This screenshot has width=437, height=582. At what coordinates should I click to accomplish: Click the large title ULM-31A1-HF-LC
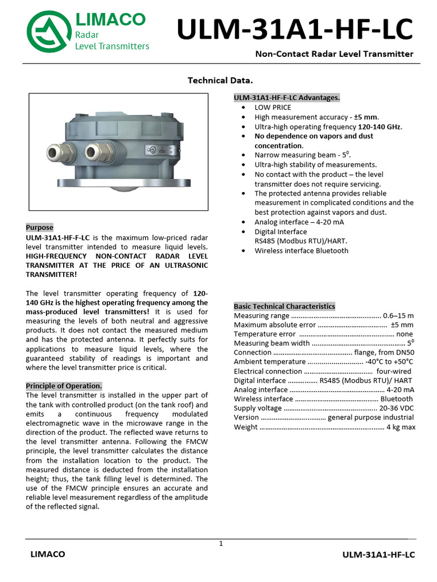295,30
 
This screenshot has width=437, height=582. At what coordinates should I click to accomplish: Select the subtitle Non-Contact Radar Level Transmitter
334,55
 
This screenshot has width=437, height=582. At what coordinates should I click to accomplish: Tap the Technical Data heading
220,80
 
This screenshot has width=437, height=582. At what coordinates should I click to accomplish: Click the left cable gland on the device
56,151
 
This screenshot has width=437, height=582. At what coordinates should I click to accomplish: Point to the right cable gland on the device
93,151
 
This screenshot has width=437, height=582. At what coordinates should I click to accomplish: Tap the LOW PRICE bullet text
273,107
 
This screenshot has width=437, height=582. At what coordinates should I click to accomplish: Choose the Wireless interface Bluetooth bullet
301,251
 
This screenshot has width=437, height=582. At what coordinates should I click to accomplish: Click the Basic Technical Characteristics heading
285,306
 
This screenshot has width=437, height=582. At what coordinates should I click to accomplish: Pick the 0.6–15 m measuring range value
398,315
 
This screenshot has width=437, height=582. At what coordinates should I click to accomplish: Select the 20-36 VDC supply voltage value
397,409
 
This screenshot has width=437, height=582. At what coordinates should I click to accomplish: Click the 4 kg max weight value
401,427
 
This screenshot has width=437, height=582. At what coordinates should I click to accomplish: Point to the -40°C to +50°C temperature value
389,362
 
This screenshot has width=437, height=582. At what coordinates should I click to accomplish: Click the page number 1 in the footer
221,544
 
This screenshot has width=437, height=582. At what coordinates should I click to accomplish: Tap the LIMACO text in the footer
48,554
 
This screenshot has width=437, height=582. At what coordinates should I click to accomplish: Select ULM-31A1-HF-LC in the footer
378,555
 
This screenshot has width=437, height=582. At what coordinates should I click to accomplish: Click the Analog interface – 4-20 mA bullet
299,222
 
